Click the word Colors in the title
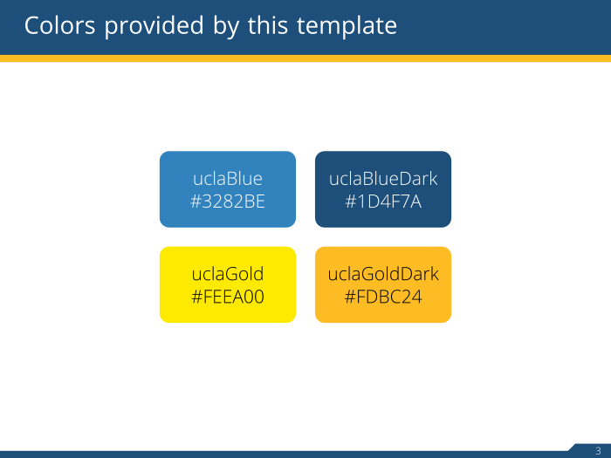tap(60, 26)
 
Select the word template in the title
tap(347, 26)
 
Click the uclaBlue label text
tap(228, 179)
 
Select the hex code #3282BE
tap(228, 202)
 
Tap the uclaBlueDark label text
tap(383, 179)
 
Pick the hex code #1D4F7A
tap(383, 202)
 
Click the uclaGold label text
tap(228, 275)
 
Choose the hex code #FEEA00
tap(228, 297)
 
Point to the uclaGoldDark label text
tap(383, 275)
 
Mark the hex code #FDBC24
tap(383, 297)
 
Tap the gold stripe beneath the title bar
tap(305, 58)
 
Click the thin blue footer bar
tap(262, 455)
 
